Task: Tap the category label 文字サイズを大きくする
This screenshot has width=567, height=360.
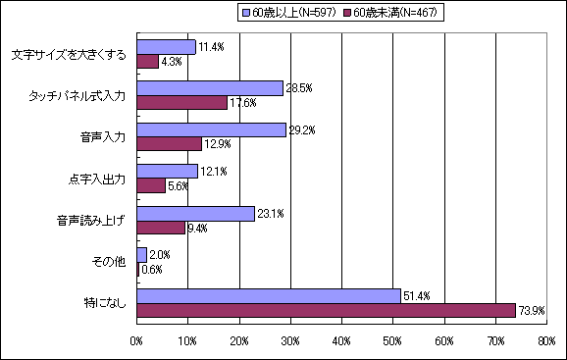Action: coord(69,55)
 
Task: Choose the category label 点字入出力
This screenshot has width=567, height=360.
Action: coord(97,179)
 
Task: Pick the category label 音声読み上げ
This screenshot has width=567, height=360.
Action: coord(91,220)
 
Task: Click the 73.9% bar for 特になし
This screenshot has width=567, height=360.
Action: coord(326,310)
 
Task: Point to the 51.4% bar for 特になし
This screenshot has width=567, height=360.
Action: coord(269,296)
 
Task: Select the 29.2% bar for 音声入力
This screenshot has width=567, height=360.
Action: coord(212,130)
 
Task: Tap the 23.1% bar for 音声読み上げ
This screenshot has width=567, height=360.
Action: coord(196,213)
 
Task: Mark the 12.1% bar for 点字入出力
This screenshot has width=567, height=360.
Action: coord(168,172)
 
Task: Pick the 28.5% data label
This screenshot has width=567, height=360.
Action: coord(298,88)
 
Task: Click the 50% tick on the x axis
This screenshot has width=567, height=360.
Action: coord(393,341)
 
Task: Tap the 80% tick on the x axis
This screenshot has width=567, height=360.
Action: coord(547,341)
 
